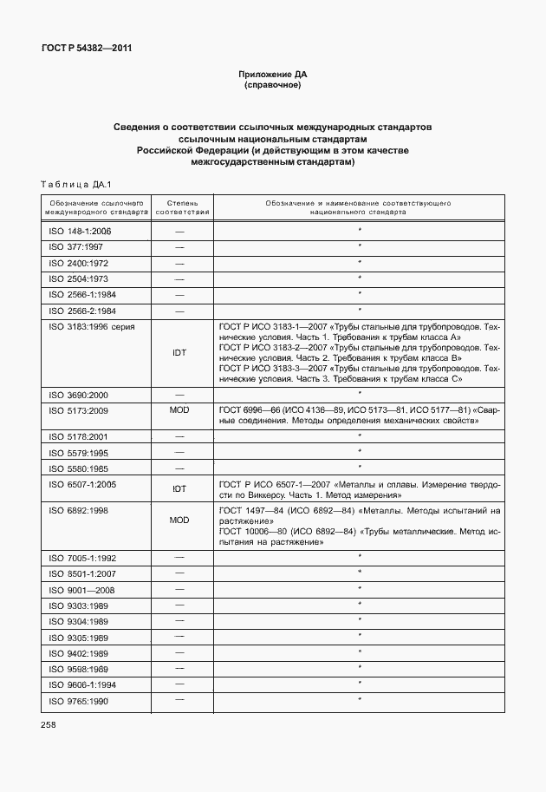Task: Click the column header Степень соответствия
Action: [182, 206]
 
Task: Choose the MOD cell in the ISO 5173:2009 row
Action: [180, 409]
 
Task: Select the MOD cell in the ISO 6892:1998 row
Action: [180, 520]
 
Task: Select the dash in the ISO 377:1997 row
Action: [180, 246]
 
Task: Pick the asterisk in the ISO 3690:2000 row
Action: [359, 393]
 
